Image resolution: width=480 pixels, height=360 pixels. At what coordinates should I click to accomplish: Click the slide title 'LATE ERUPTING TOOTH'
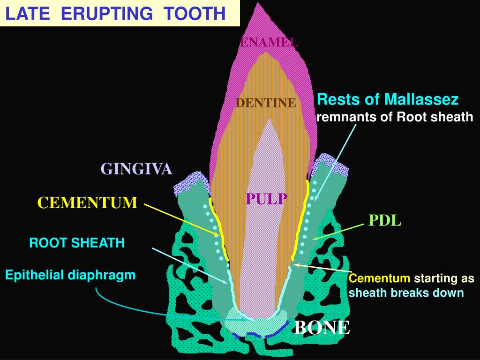point(115,14)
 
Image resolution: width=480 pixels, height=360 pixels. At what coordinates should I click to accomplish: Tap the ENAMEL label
point(269,42)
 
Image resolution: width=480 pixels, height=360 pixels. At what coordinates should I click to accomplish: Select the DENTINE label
point(266,103)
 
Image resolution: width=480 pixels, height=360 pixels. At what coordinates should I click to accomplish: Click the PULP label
point(266,199)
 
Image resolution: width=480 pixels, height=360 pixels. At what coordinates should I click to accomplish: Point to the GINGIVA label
point(137,169)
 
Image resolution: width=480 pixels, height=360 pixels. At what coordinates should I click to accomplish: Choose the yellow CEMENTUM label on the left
point(88,203)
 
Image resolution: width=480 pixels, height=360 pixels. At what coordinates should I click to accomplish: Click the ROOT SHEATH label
point(77,243)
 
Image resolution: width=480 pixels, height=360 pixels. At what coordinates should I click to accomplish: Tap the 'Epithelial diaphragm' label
point(70,275)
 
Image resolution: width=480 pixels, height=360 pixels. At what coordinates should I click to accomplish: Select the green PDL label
point(385,221)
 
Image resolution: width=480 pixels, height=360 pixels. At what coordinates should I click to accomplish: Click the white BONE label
point(322,327)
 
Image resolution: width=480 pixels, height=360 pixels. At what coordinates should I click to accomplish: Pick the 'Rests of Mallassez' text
point(388,99)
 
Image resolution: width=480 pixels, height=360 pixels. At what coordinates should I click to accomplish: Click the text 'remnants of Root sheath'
point(395,117)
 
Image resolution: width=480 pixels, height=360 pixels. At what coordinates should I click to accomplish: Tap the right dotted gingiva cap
point(332,165)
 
